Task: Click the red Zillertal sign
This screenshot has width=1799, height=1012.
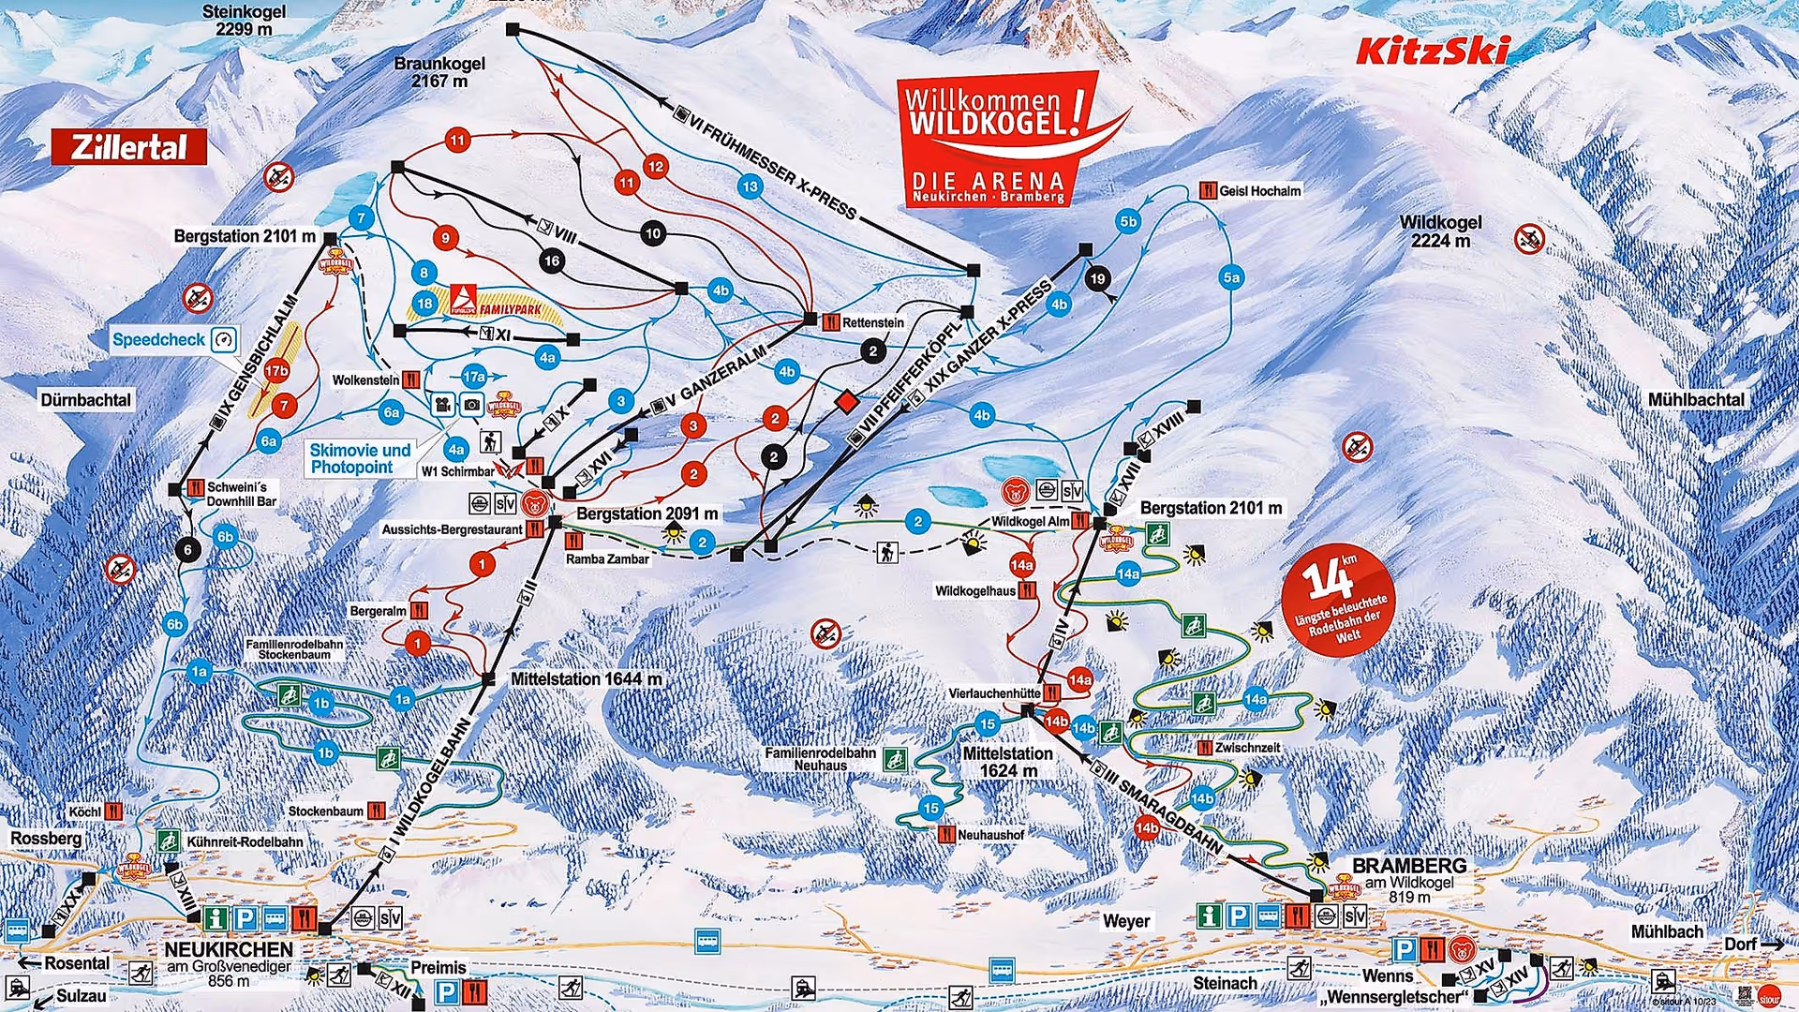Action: pyautogui.click(x=129, y=147)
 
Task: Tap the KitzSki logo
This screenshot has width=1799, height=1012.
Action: pyautogui.click(x=1433, y=51)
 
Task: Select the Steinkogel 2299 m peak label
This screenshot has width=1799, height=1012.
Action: pyautogui.click(x=245, y=20)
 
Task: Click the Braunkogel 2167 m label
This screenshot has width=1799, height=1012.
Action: pyautogui.click(x=439, y=72)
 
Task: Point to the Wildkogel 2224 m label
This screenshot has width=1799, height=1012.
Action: pyautogui.click(x=1440, y=231)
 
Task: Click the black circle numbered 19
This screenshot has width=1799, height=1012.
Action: pyautogui.click(x=1097, y=278)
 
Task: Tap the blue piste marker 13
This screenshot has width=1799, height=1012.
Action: pyautogui.click(x=750, y=186)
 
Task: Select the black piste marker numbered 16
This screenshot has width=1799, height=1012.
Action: pyautogui.click(x=552, y=260)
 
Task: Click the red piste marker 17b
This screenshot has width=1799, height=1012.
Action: pyautogui.click(x=276, y=371)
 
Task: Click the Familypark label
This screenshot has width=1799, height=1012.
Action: pyautogui.click(x=511, y=308)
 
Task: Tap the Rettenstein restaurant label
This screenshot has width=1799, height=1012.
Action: pyautogui.click(x=872, y=322)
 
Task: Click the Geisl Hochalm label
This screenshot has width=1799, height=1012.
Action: pyautogui.click(x=1259, y=191)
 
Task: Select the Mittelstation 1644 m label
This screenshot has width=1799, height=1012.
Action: pyautogui.click(x=586, y=678)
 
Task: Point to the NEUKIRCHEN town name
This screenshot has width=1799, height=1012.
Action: pyautogui.click(x=229, y=949)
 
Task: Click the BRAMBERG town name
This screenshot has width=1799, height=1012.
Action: pyautogui.click(x=1408, y=865)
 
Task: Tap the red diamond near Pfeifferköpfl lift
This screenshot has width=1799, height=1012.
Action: pyautogui.click(x=847, y=401)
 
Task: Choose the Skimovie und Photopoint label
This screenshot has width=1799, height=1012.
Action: pyautogui.click(x=361, y=458)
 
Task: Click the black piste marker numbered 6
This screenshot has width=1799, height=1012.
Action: pyautogui.click(x=188, y=549)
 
